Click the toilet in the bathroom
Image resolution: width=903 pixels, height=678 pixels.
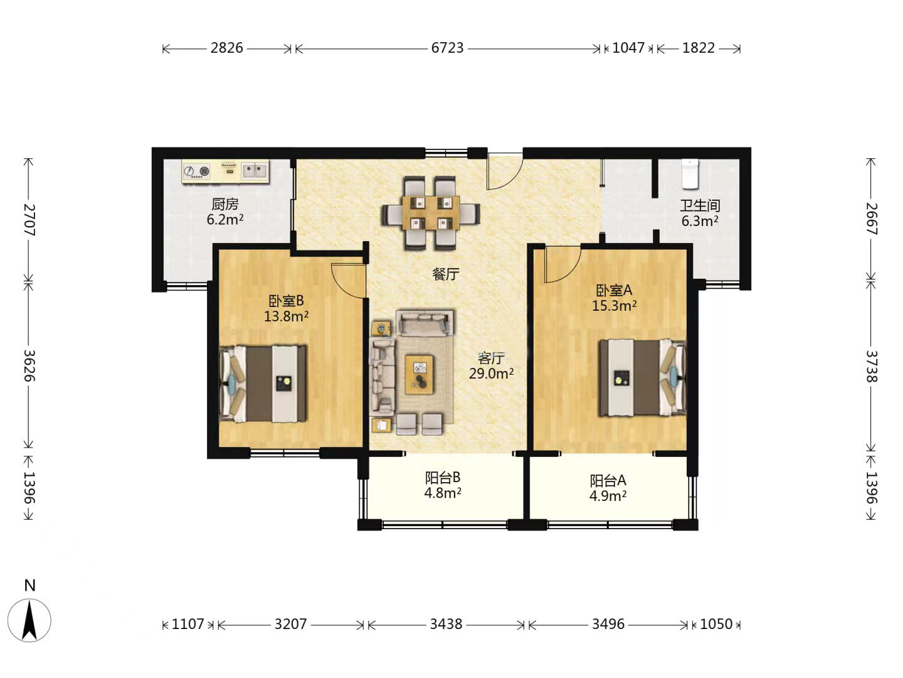tap(690, 174)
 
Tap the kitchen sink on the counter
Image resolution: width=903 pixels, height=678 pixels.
tap(255, 171)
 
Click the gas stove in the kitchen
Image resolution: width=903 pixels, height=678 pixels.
tap(196, 171)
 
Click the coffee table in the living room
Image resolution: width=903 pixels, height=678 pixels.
tap(420, 375)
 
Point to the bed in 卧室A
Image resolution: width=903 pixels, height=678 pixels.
tap(642, 377)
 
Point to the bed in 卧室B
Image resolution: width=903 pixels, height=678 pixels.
tap(263, 384)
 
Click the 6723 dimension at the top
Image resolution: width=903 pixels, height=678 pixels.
tap(447, 48)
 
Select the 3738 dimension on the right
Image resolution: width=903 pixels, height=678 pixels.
tap(870, 367)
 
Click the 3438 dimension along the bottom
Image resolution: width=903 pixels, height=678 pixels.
tap(446, 624)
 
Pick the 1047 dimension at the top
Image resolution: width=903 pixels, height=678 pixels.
tap(628, 48)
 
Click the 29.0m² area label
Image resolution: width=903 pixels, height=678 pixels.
tap(491, 374)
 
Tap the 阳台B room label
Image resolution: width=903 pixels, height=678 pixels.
tap(443, 477)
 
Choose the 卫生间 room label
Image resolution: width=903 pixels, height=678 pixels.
tap(700, 205)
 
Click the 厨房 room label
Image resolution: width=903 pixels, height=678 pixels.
tap(225, 204)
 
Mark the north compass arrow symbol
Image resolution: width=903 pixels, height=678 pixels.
tap(29, 620)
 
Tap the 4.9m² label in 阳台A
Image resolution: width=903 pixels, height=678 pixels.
tap(608, 496)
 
